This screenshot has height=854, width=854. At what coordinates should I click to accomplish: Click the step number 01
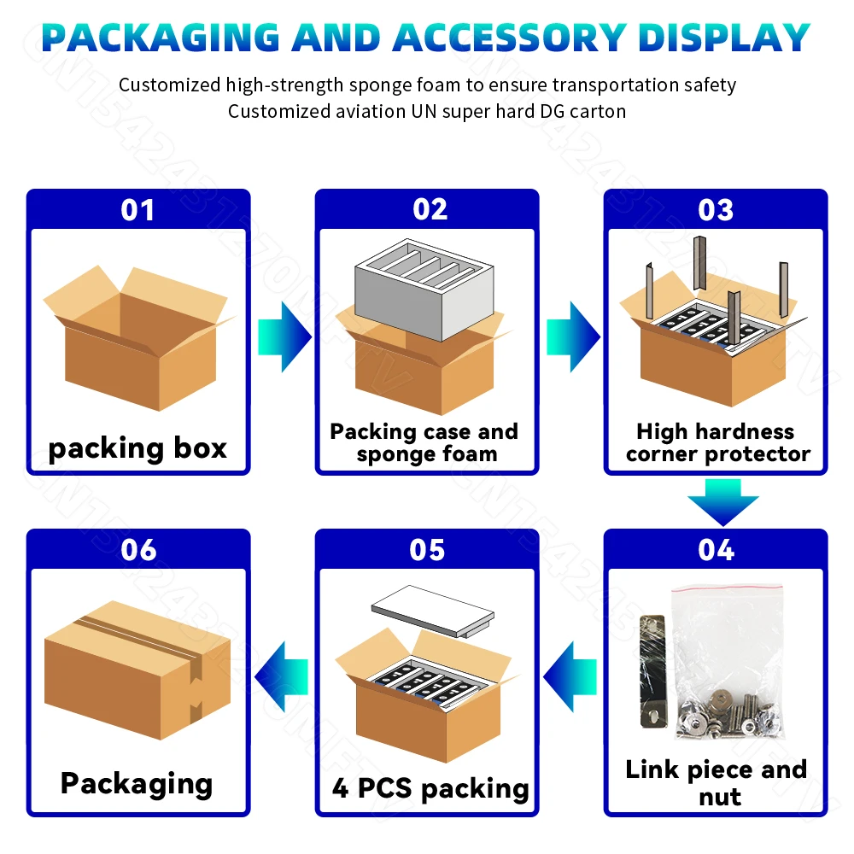pos(137,210)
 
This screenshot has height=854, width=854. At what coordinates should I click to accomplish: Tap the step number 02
pos(429,210)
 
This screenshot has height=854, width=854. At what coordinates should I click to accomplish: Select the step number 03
pos(716,210)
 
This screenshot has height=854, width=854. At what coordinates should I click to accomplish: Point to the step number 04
pos(716,550)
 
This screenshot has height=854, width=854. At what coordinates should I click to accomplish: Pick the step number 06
pos(138,550)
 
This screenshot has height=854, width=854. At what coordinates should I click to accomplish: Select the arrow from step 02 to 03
pos(573,336)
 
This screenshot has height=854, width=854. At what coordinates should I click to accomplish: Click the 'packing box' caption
pos(137,448)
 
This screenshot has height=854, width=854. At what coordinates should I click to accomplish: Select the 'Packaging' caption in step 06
pos(137,783)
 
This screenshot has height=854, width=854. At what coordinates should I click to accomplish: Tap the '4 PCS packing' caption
pos(430,787)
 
